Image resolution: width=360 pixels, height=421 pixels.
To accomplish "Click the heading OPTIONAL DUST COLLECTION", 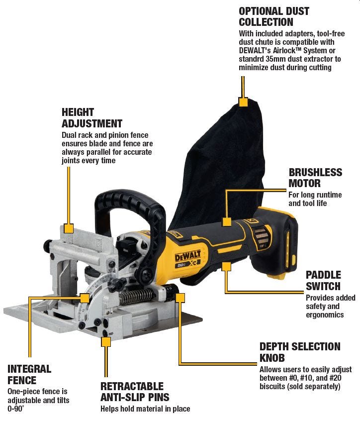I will (273, 16).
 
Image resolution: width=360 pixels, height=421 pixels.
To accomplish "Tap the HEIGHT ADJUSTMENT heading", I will (91, 117).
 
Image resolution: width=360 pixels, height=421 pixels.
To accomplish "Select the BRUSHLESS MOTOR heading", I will (315, 178).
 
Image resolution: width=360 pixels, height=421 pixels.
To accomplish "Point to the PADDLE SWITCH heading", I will (323, 280).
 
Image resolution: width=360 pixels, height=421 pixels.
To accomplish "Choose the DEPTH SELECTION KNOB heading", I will (300, 352).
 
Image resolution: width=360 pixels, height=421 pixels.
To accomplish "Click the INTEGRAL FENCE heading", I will (29, 375).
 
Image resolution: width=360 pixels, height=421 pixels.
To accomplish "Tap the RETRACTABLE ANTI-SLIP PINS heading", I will (135, 392).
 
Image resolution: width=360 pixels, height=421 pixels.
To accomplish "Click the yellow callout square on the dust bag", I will (243, 102).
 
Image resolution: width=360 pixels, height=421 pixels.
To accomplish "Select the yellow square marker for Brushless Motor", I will (226, 221).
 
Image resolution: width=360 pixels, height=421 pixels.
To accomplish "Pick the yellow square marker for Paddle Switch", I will (226, 266).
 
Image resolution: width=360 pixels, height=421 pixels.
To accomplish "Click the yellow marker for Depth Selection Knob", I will (180, 298).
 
